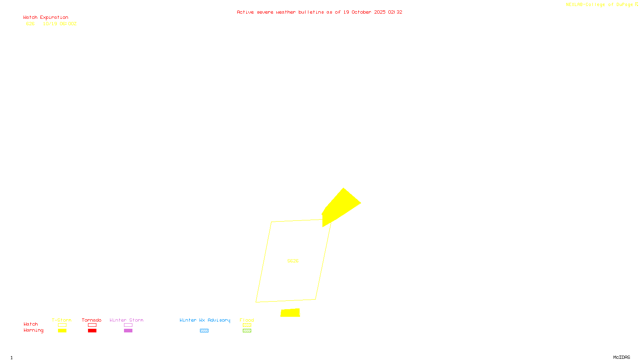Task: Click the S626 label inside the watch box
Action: (x=293, y=261)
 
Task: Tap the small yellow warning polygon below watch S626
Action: (x=290, y=313)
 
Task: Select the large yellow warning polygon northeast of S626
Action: (x=340, y=205)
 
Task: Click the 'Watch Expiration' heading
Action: (x=46, y=18)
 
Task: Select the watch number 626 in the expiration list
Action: (x=30, y=24)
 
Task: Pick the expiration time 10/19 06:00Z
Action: (x=60, y=24)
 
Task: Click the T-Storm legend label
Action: (x=62, y=320)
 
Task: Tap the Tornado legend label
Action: (x=92, y=320)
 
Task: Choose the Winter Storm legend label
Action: (x=126, y=320)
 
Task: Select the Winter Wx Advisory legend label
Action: (x=205, y=320)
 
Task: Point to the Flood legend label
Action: (x=247, y=320)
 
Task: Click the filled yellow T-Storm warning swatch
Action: (x=62, y=331)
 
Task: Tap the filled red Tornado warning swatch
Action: (x=92, y=331)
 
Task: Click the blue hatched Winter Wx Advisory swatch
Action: (x=204, y=331)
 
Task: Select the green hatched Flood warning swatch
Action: (x=247, y=331)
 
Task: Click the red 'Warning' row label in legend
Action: (x=33, y=330)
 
